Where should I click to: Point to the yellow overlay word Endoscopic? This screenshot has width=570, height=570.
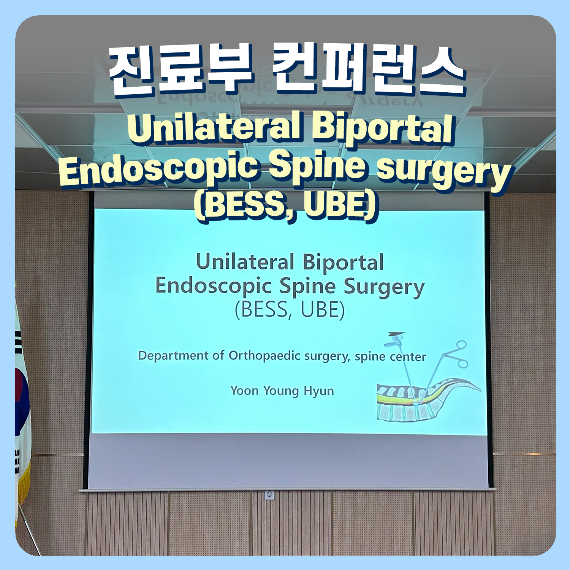tap(160, 170)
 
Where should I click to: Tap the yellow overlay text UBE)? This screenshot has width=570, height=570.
tap(340, 206)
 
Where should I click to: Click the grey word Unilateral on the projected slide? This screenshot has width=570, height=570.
tap(245, 262)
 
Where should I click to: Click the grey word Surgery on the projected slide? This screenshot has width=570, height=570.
tap(384, 288)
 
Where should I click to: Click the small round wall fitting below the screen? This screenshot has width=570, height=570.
tap(270, 494)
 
